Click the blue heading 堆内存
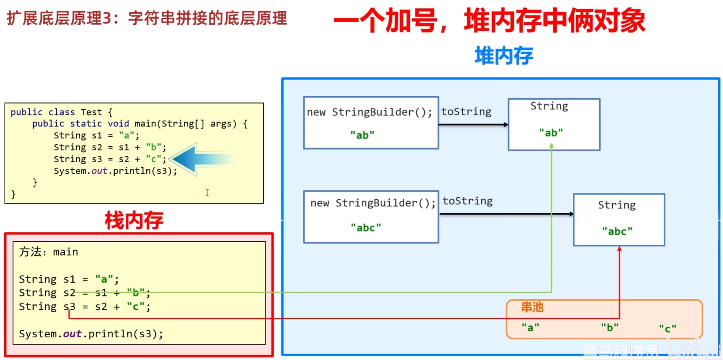coord(503,56)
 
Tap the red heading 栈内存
coord(134,220)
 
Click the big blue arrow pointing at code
coord(202,159)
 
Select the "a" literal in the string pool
coord(530,327)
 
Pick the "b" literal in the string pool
coord(610,327)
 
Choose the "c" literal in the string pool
coord(667,329)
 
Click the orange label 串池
coord(532,307)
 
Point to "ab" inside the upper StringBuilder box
coord(362,135)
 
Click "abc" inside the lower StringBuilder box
coord(366,228)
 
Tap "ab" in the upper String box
coord(551,133)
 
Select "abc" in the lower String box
coord(617,231)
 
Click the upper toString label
coord(466,112)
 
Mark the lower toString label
coord(467,201)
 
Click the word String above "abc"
coord(617,205)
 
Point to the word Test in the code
coord(91,112)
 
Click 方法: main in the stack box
coord(48,252)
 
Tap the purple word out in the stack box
coord(72,334)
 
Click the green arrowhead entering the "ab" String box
coord(551,146)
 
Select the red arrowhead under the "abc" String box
coord(619,249)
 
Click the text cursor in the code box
coord(207,192)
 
